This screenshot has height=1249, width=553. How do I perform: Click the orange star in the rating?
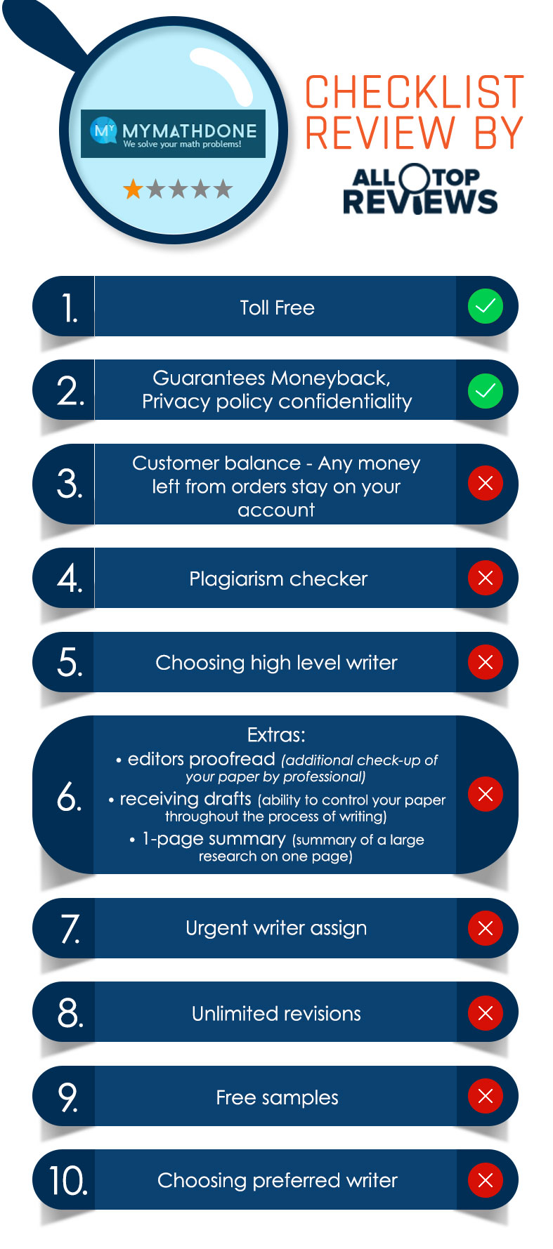[133, 189]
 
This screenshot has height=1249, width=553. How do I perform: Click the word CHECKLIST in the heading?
[415, 92]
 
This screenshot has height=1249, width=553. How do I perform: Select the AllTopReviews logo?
[420, 190]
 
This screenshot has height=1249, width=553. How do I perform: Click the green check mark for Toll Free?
[486, 306]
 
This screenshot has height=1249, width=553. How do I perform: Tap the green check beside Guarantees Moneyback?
[486, 390]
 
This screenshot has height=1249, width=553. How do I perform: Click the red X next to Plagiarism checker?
[486, 578]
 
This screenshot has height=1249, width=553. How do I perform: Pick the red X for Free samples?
[486, 1096]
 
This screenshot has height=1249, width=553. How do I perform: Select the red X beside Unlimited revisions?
[486, 1012]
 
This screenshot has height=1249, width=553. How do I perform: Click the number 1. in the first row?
[70, 308]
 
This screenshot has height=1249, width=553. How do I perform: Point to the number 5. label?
[70, 663]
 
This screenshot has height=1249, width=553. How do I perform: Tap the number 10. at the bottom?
[68, 1180]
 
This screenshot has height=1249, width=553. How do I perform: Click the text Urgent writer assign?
[276, 928]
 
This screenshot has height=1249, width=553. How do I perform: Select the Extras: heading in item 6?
[276, 735]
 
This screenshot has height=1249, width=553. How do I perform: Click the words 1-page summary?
[214, 839]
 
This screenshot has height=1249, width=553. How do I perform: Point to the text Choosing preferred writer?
[278, 1180]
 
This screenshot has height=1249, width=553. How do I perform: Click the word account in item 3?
[276, 510]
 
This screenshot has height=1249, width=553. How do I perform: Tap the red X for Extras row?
[486, 794]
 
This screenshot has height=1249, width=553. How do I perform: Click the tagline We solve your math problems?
[182, 145]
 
